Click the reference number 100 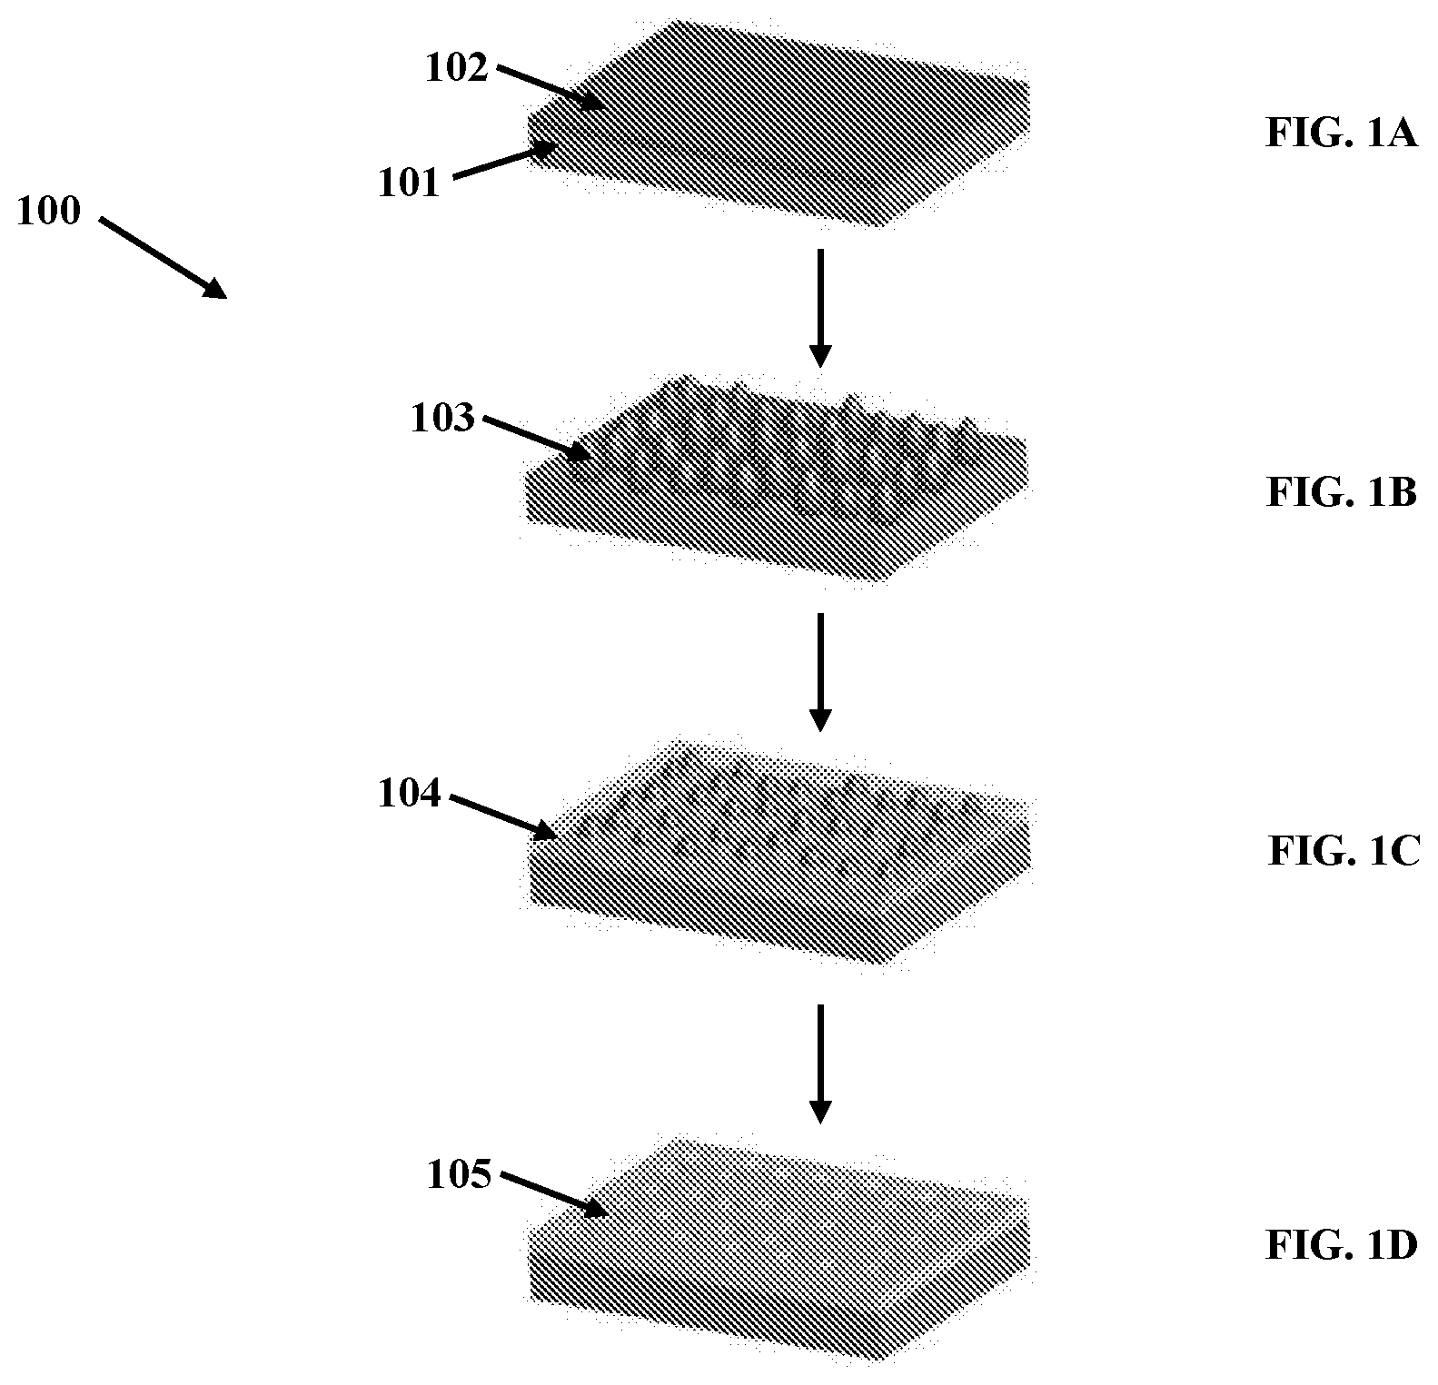point(49,213)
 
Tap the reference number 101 point(409,183)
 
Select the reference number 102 point(457,68)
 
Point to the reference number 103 point(442,420)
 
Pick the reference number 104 point(410,795)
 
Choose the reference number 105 point(459,1175)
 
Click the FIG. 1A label point(1341,134)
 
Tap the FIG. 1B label point(1341,493)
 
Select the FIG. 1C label point(1343,852)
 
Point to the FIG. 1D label point(1341,1246)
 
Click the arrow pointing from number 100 point(163,257)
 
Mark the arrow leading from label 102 point(550,87)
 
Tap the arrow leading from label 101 point(505,162)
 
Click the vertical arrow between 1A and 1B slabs point(820,307)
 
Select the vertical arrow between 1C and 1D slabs point(820,1063)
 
